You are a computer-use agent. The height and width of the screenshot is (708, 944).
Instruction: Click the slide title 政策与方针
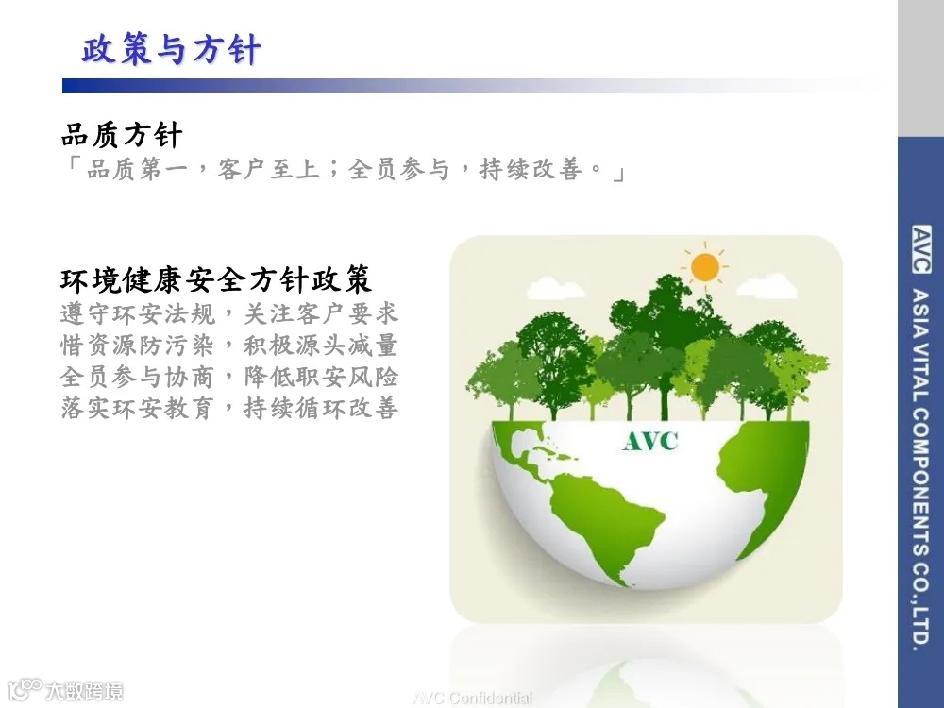pyautogui.click(x=170, y=49)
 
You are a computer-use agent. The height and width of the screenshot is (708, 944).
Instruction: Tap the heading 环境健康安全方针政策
pyautogui.click(x=216, y=279)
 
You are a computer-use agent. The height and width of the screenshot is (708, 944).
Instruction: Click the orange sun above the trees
pyautogui.click(x=704, y=267)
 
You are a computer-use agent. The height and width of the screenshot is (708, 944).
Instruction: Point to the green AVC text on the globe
pyautogui.click(x=649, y=440)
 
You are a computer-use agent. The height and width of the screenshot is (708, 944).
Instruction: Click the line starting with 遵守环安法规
pyautogui.click(x=229, y=312)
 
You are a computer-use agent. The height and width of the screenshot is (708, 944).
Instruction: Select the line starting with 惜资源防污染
pyautogui.click(x=229, y=345)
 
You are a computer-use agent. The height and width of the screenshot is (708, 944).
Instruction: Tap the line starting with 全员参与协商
pyautogui.click(x=229, y=377)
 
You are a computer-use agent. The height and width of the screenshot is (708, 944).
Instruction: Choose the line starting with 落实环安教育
pyautogui.click(x=229, y=409)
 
